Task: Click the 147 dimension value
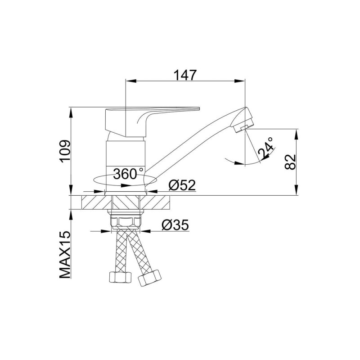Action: [185, 75]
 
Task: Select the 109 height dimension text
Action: [65, 151]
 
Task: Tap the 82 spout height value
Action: [290, 162]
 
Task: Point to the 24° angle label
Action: [266, 149]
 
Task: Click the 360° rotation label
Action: [128, 174]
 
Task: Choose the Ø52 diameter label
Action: [182, 185]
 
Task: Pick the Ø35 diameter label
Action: [175, 225]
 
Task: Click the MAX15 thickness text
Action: [65, 255]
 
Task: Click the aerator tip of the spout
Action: [244, 126]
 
